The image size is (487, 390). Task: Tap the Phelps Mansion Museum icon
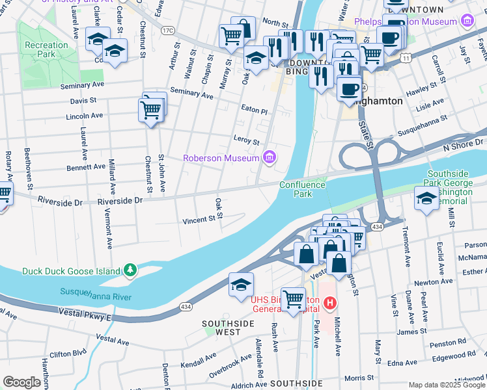tap(466, 21)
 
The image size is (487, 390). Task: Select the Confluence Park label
tap(301, 189)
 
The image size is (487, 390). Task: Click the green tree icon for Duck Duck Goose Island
tap(130, 270)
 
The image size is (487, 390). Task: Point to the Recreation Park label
tap(46, 49)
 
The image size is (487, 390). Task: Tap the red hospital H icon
tap(331, 302)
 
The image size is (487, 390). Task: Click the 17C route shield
tap(168, 30)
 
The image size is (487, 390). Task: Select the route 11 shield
tap(406, 58)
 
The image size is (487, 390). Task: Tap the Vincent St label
tap(199, 220)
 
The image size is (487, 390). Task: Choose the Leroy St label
tap(246, 141)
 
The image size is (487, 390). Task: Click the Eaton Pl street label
tap(254, 111)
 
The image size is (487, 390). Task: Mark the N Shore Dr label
tap(464, 146)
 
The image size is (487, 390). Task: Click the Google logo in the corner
tap(21, 382)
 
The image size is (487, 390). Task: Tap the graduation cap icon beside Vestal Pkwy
tap(240, 284)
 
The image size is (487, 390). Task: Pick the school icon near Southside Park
tap(426, 198)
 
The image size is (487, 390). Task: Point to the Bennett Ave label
tap(86, 167)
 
